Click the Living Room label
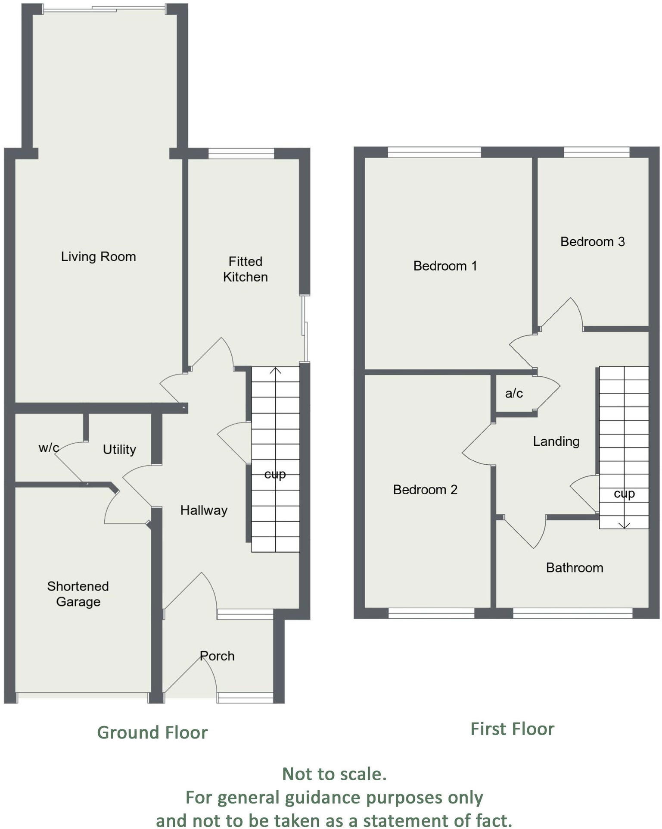coord(98,257)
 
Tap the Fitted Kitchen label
coord(245,269)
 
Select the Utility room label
coord(119,450)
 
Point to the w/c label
coord(49,447)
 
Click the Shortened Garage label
coord(78,594)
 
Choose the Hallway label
coord(204,510)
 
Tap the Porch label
coord(217,656)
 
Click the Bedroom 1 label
coord(445,266)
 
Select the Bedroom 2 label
coord(425,490)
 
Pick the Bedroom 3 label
coord(592,242)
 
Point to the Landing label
coord(556,441)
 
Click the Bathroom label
coord(575,568)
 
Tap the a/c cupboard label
coord(514,393)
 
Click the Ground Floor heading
coord(152,732)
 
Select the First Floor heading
coord(512,729)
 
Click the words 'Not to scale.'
coord(334,774)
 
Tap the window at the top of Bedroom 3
coord(597,152)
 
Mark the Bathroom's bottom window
coord(572,613)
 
